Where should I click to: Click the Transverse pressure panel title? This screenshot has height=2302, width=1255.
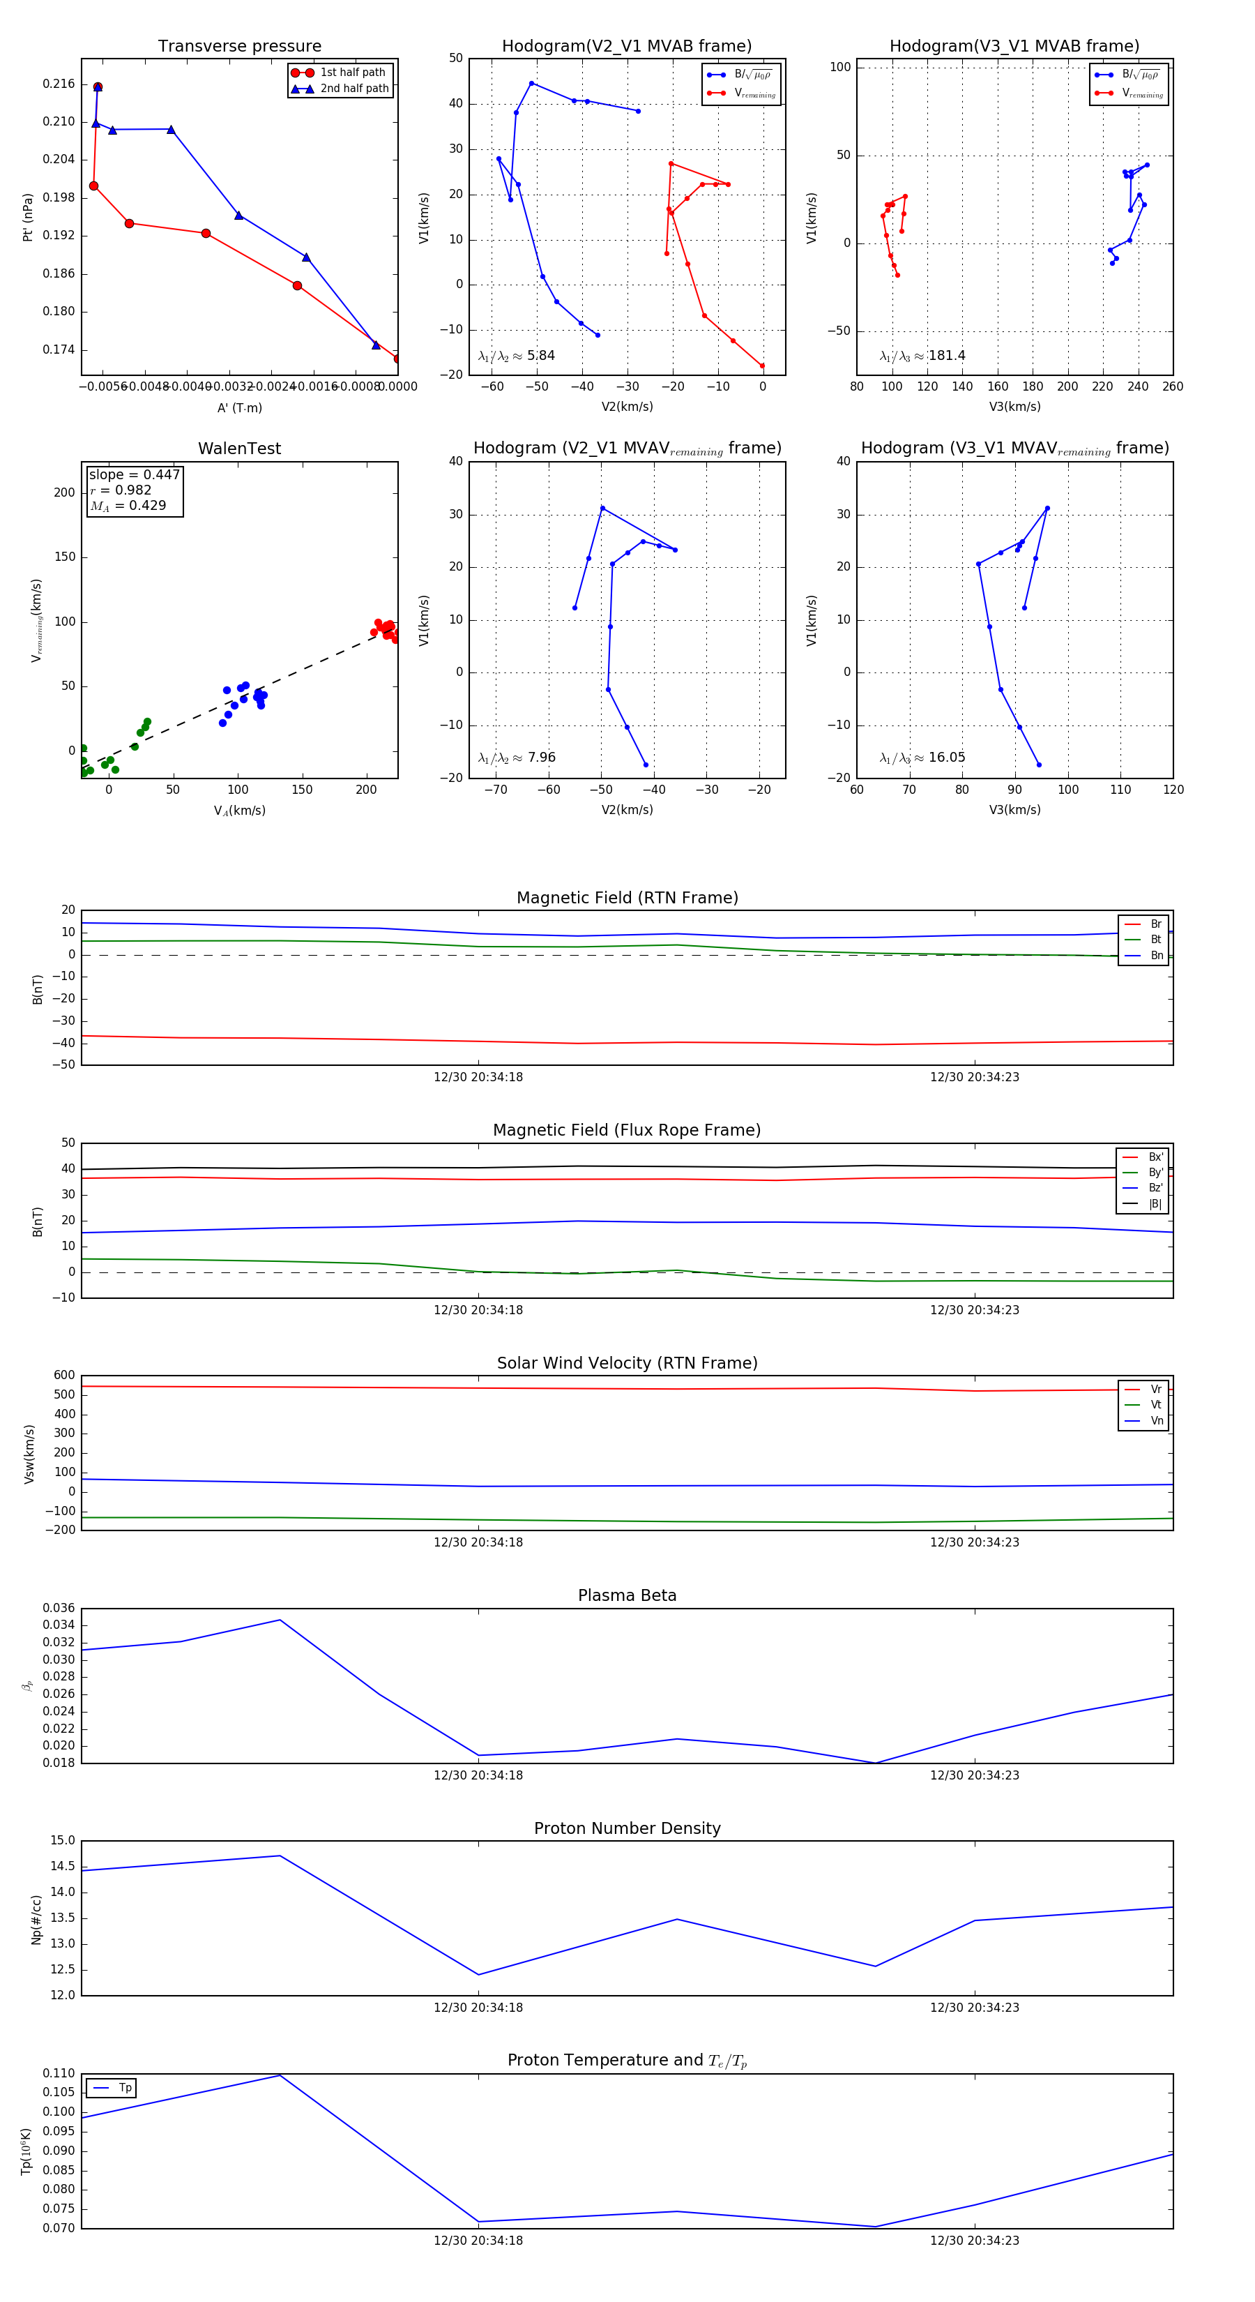[239, 47]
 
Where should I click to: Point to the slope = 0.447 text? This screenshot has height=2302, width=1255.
[134, 474]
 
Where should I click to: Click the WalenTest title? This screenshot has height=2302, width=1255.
[239, 449]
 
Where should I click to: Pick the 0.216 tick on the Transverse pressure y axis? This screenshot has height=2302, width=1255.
[59, 84]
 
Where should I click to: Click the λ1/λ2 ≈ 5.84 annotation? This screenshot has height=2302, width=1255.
[516, 356]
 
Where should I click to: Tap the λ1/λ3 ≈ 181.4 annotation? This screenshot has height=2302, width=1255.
[922, 356]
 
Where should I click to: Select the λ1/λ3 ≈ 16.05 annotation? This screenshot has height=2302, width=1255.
[922, 758]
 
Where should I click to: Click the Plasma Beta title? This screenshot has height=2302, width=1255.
[627, 1596]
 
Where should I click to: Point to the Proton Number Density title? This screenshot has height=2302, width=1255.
[627, 1828]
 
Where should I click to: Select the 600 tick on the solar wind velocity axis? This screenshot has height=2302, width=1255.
[64, 1376]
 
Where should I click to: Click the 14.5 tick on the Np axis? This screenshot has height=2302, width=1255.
[63, 1867]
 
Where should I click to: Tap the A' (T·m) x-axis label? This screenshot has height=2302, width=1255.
[239, 407]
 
